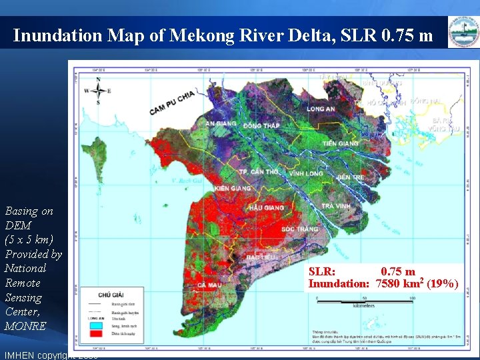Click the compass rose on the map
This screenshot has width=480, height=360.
(98, 91)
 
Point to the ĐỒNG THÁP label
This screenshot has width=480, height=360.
(261, 126)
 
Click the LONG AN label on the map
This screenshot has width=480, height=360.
(321, 109)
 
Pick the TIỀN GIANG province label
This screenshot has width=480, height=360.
(340, 144)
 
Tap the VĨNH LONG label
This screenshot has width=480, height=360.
(306, 173)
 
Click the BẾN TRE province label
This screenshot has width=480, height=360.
(351, 178)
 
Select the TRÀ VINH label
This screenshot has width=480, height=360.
(336, 207)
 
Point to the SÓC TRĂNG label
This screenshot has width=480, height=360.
(297, 229)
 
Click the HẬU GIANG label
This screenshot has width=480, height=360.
(266, 208)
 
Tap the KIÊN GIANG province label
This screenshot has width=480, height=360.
(233, 189)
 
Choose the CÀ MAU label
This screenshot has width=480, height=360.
(210, 285)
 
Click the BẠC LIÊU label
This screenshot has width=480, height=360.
(260, 257)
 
